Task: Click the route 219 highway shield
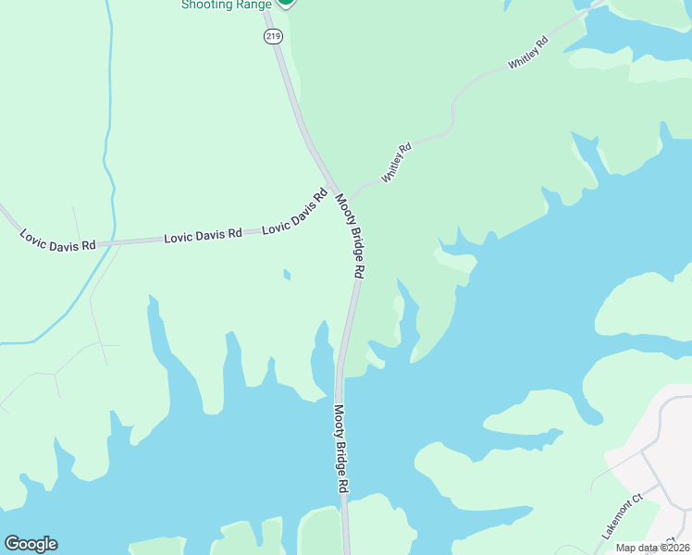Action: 272,36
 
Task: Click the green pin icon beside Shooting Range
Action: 286,3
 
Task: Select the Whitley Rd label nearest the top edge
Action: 528,54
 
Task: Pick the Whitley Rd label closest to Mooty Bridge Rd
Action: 396,162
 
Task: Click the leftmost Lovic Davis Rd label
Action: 58,239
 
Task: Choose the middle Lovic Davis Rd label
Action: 203,236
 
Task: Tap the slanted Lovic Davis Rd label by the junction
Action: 296,213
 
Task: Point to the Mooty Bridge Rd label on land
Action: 351,237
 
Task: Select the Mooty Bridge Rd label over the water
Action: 340,448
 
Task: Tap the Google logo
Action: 31,544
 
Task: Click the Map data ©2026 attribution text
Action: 652,547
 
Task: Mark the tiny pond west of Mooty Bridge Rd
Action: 287,274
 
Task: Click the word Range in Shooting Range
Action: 244,5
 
